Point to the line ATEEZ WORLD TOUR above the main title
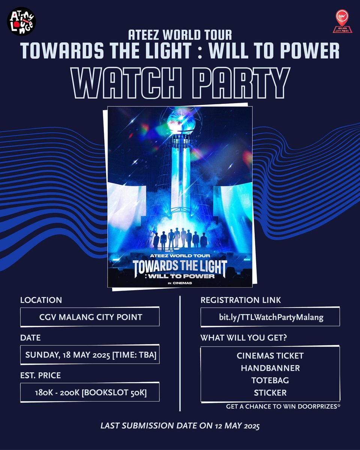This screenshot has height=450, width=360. (x=180, y=35)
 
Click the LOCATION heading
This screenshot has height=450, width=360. (x=41, y=300)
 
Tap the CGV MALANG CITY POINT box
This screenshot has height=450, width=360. (x=90, y=317)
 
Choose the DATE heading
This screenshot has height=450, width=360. (x=30, y=338)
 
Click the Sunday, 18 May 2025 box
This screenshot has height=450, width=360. (x=90, y=355)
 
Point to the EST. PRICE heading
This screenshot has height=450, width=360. (x=40, y=375)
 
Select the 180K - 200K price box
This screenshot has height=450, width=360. (x=90, y=392)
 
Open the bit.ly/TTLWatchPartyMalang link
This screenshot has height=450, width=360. (x=270, y=317)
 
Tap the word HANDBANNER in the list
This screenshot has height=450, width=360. (x=270, y=368)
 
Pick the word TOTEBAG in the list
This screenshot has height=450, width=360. (x=270, y=380)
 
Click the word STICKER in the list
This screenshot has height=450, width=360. (x=270, y=393)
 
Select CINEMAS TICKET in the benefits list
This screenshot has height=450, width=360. (x=270, y=355)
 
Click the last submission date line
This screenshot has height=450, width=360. (x=180, y=426)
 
